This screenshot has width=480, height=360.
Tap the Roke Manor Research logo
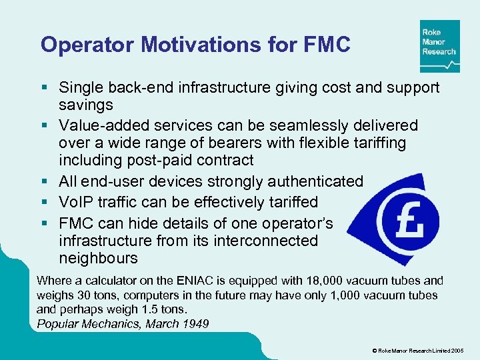(x=439, y=46)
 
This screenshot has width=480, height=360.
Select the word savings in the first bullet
(x=86, y=105)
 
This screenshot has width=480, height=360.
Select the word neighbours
(x=98, y=257)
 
